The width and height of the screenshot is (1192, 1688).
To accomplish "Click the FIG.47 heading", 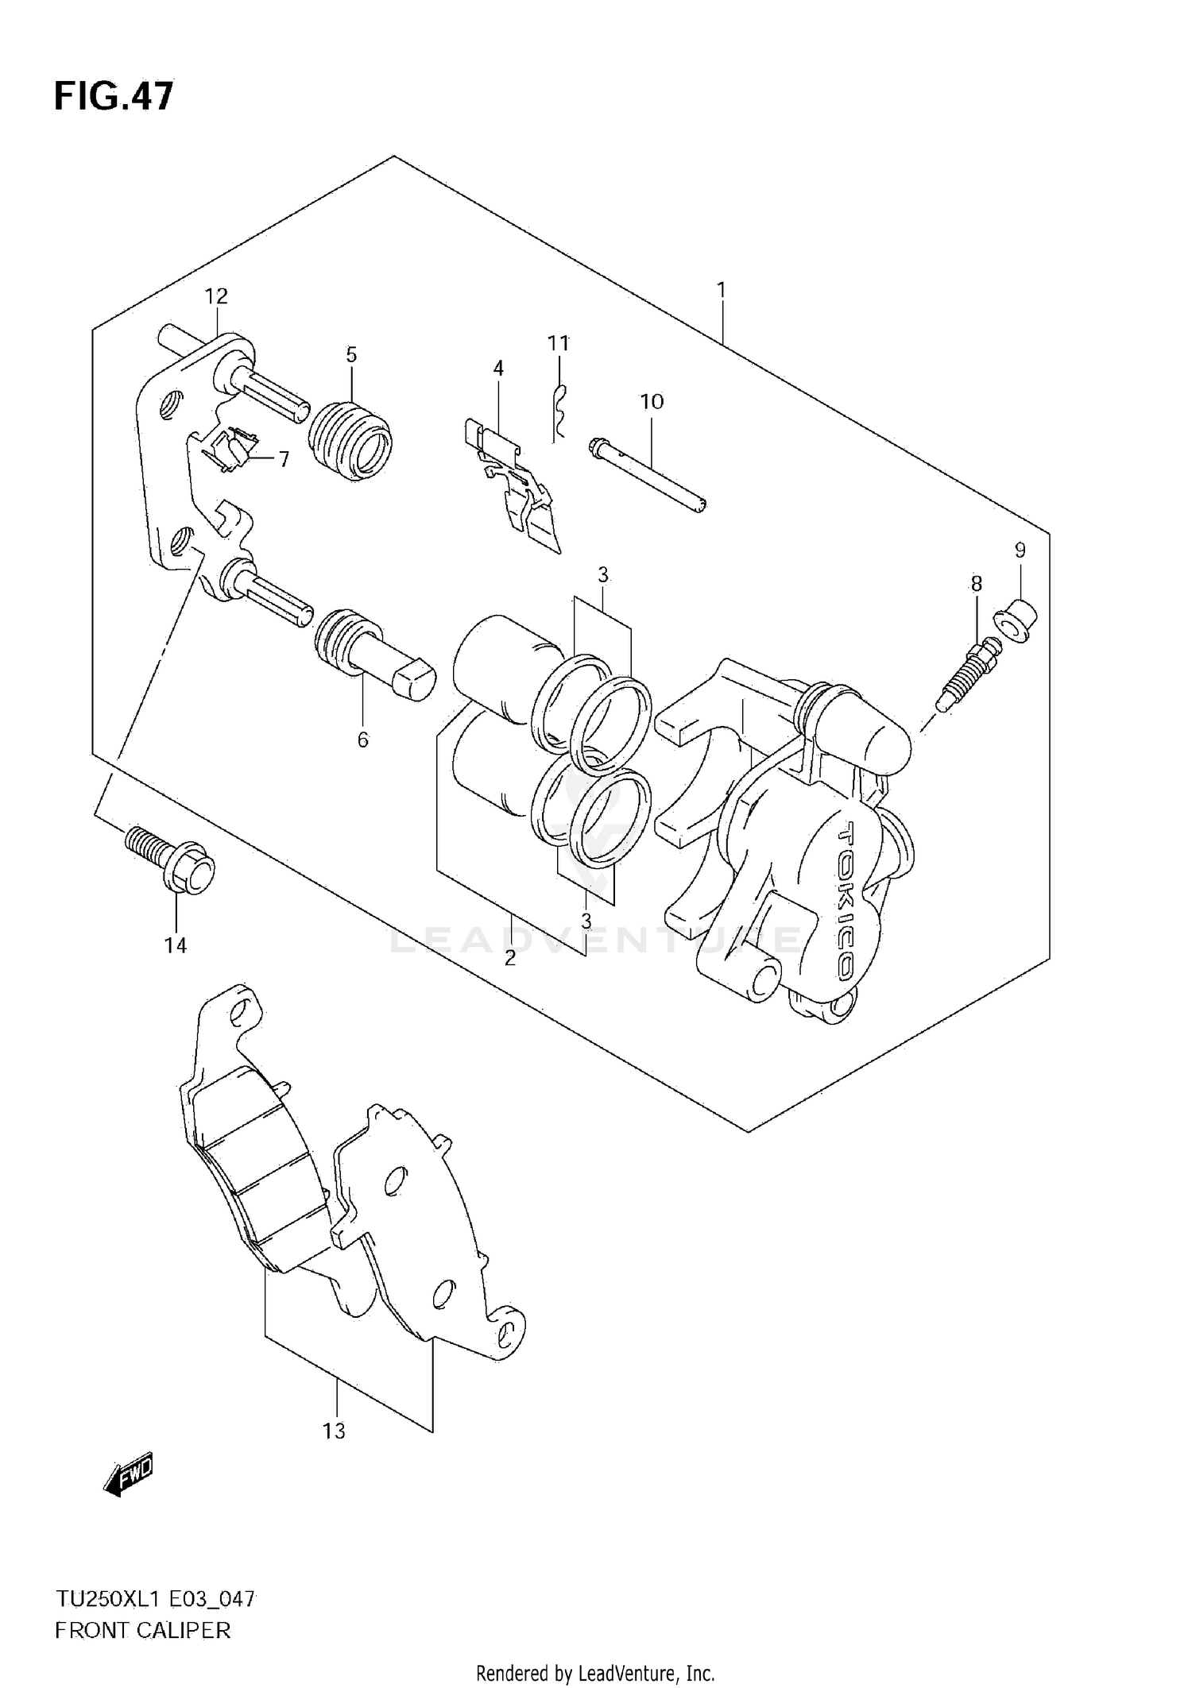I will coord(114,97).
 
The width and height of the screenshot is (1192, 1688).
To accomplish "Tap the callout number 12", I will coord(216,296).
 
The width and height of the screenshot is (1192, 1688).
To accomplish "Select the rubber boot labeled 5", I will coord(350,442).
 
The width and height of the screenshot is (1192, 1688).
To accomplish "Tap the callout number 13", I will coord(335,1431).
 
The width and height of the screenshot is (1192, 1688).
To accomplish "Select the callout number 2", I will coord(510,957).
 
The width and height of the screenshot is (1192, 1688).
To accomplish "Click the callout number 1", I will coord(721,291).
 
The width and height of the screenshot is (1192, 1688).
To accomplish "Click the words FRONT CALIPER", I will coord(143,1631).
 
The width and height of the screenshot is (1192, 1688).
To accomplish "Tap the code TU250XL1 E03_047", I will coord(156,1599).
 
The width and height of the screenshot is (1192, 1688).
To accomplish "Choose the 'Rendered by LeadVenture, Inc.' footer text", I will coord(595,1673).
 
